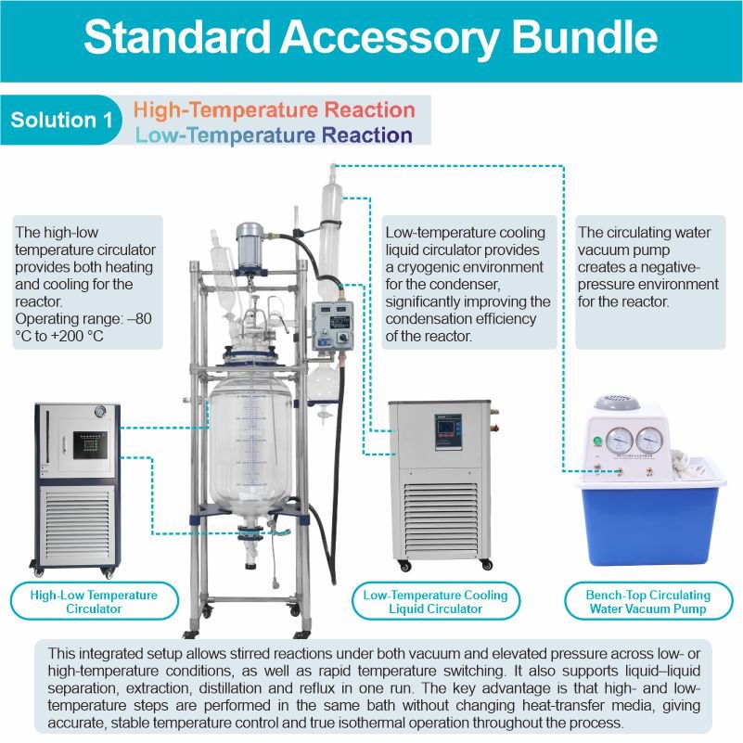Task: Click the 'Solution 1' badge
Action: point(60,120)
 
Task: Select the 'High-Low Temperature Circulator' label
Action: point(94,601)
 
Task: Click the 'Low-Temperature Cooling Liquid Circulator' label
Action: point(435,601)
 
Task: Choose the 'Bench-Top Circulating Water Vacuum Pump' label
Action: point(647,601)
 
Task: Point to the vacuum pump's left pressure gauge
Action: point(619,441)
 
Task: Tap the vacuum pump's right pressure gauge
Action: point(648,441)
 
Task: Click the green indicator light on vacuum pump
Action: point(597,442)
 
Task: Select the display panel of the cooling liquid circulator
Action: point(448,431)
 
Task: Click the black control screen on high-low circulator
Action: point(90,445)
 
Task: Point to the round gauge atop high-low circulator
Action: point(100,411)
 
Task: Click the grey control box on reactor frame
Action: point(332,326)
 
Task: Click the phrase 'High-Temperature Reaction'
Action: point(275,109)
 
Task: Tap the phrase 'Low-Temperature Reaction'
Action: point(274,135)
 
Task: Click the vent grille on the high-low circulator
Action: point(77,525)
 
